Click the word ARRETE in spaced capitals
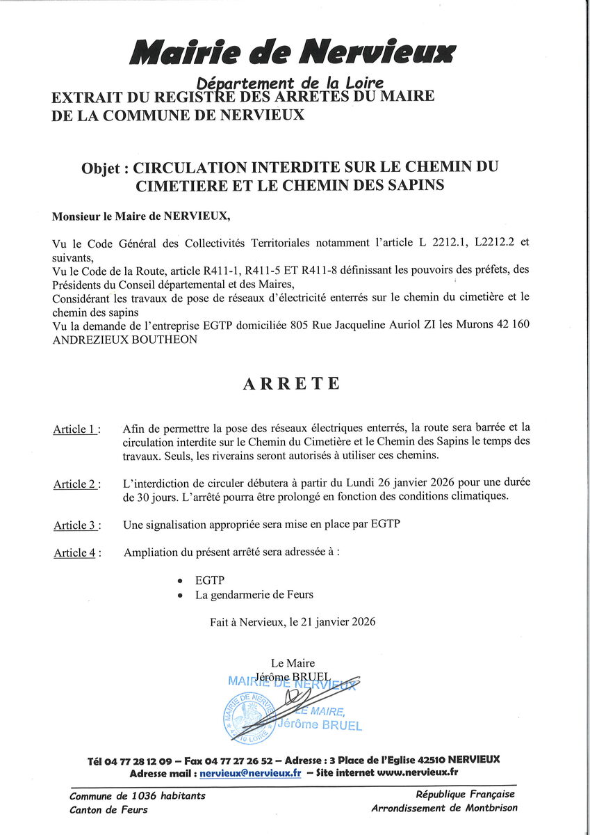coord(292,384)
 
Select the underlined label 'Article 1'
coord(74,429)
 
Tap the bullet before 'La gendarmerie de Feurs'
coord(181,596)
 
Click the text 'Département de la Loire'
coord(290,83)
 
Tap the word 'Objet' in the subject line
coord(101,168)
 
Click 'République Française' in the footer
coord(466,795)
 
